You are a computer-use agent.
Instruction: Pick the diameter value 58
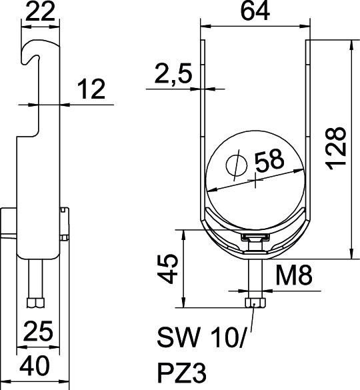click(269, 161)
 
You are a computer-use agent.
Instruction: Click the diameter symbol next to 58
click(235, 163)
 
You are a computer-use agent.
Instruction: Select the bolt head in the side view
click(35, 303)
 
